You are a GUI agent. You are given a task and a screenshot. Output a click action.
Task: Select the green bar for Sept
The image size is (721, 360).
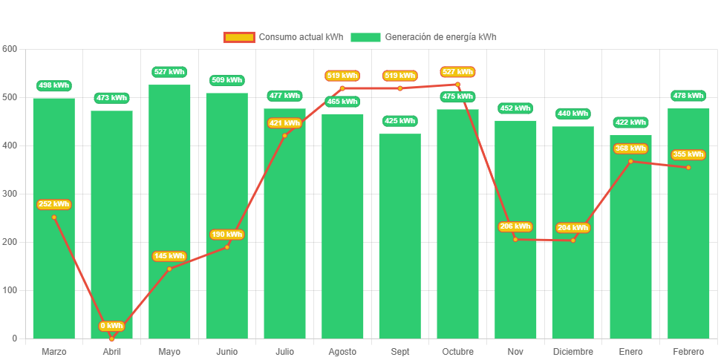pos(399,238)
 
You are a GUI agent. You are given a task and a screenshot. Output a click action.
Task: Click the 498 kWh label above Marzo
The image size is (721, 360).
pos(53,85)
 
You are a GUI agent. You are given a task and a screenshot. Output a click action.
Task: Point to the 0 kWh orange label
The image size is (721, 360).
pos(111,326)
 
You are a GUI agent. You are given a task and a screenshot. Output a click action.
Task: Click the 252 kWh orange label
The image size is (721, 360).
pos(53,204)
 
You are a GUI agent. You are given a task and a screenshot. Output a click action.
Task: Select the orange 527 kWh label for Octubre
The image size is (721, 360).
pos(457,72)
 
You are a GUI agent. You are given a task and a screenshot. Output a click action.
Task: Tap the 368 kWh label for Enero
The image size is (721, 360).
pos(630,148)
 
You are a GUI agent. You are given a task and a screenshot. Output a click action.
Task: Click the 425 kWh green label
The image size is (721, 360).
pos(399,121)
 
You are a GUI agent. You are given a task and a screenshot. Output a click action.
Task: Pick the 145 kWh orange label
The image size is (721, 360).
pos(169,256)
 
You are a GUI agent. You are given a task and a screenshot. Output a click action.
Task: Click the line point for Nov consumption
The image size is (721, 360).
pos(515,239)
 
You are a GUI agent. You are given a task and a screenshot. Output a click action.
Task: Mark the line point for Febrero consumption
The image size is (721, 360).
pos(688,168)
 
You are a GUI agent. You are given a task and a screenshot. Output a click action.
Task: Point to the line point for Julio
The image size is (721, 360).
pos(284,135)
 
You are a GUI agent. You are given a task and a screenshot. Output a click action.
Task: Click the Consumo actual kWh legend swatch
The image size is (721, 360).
pos(238,37)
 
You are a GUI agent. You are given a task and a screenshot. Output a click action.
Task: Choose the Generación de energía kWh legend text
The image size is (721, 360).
pos(440,37)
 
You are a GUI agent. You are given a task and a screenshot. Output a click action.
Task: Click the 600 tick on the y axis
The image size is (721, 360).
pos(10,49)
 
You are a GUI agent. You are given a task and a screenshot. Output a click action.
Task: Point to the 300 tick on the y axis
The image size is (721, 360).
pos(10,194)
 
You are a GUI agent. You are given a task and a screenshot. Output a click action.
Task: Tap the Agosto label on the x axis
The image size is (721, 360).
pos(342,351)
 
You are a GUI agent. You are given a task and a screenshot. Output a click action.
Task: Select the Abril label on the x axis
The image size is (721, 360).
pos(111,351)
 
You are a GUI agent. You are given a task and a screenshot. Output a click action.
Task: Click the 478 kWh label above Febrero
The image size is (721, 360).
pos(688,96)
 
